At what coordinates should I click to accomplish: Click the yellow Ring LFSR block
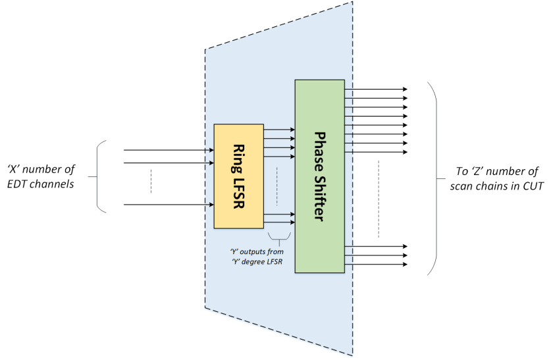[239, 176]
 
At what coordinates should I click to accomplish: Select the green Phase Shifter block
[319, 176]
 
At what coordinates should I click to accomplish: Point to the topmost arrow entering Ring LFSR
[169, 150]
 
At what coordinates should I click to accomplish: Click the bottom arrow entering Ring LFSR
[169, 205]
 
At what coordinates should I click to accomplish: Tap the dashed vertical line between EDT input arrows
[151, 182]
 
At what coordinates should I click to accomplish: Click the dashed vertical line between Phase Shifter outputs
[380, 198]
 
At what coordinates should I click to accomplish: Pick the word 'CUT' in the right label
[531, 186]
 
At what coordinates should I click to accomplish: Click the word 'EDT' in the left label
[21, 184]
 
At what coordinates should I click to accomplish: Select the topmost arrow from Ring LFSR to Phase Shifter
[279, 130]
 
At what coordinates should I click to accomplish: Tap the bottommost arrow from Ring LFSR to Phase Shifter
[279, 222]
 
